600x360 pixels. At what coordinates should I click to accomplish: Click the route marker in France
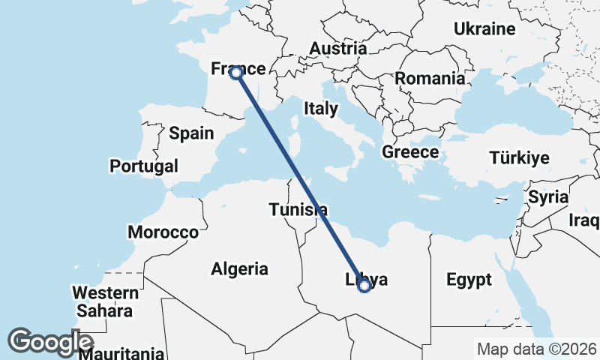tap(235, 73)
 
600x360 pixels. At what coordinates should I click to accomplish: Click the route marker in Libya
tap(364, 285)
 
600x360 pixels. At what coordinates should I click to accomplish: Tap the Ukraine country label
tap(484, 29)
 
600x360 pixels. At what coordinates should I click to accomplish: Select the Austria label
tap(338, 48)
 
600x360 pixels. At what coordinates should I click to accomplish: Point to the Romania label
tap(430, 79)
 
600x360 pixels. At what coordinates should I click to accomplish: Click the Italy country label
tap(321, 109)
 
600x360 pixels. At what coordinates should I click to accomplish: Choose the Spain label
tap(191, 133)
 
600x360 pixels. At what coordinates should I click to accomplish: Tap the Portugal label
tap(144, 166)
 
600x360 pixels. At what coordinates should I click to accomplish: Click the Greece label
tap(410, 152)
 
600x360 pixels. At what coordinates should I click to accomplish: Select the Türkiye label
tap(520, 158)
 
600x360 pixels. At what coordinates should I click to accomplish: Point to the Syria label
tap(544, 198)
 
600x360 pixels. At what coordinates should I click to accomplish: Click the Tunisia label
tap(298, 209)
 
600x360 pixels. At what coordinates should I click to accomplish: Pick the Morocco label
tap(163, 232)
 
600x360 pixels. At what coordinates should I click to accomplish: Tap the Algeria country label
tap(240, 268)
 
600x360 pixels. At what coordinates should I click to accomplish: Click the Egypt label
tap(469, 280)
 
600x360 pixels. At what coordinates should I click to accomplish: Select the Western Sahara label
tap(105, 301)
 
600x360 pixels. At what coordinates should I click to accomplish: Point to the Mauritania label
tap(121, 352)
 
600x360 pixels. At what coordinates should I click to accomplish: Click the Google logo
tap(50, 341)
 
